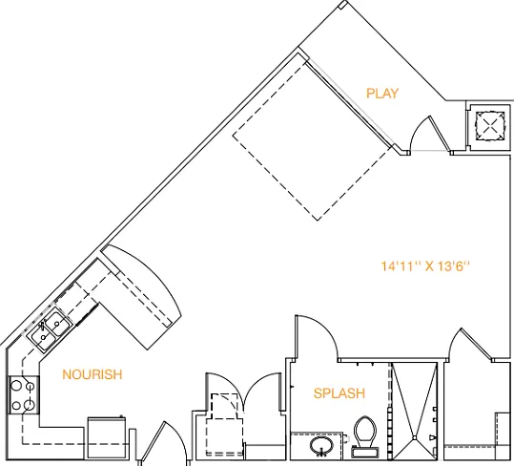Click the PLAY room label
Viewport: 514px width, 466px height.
(x=382, y=94)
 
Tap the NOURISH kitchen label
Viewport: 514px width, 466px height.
(x=93, y=374)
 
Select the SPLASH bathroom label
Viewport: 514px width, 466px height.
(x=339, y=393)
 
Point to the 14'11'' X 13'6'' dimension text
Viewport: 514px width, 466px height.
(x=425, y=266)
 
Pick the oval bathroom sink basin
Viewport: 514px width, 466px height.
(x=321, y=446)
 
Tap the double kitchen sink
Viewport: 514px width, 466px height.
(x=50, y=330)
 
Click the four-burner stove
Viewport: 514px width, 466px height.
(x=23, y=394)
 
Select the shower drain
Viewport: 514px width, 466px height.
(x=415, y=437)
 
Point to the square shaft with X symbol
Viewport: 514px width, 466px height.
(x=490, y=126)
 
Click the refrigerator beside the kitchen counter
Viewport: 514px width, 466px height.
(x=107, y=437)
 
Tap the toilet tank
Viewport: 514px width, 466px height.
(x=365, y=453)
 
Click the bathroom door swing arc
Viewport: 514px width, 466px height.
(x=324, y=329)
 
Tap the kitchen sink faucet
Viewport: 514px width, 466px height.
(x=42, y=325)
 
